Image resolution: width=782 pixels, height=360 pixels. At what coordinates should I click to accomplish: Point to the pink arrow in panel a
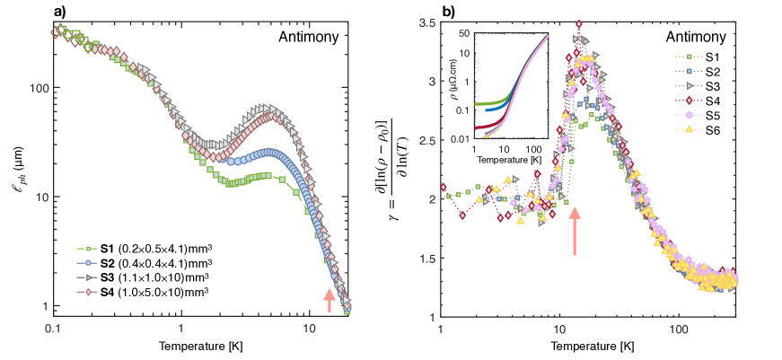tap(329, 300)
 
